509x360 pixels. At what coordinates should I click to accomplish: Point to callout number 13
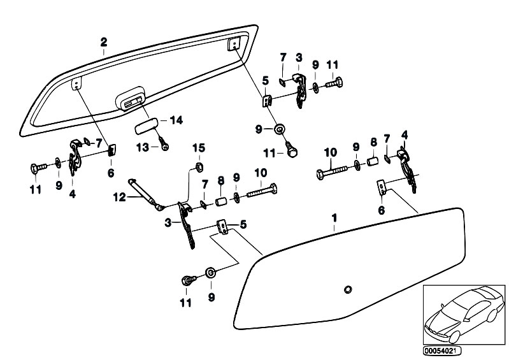[x=142, y=147]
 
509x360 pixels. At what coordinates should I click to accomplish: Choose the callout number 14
[x=176, y=120]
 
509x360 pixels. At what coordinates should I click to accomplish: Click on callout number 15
[x=198, y=148]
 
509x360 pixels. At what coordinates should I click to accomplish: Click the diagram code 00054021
[x=442, y=350]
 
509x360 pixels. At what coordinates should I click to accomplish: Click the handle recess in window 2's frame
[x=131, y=101]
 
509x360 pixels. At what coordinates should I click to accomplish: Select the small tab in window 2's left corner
[x=76, y=83]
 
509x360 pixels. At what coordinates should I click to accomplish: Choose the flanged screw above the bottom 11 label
[x=189, y=280]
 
